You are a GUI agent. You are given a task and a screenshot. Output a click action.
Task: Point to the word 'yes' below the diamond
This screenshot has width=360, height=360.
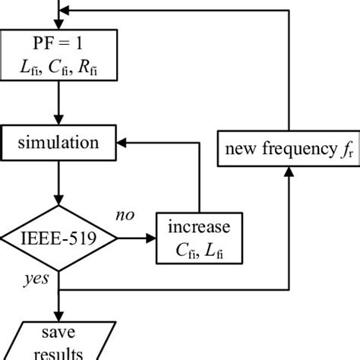click(x=36, y=279)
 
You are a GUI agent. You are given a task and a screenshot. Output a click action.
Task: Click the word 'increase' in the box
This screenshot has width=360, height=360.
click(x=198, y=226)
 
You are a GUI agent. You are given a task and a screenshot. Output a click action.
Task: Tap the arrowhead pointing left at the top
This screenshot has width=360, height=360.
click(x=65, y=10)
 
